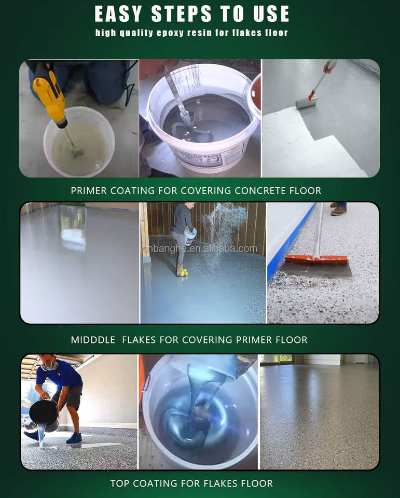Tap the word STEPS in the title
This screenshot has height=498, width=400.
click(182, 14)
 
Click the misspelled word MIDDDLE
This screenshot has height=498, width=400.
click(93, 340)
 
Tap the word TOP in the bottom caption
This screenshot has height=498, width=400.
click(120, 483)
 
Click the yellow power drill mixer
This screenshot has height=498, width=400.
click(51, 95)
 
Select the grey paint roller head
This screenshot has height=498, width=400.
click(306, 103)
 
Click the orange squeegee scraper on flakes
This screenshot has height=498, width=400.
click(316, 259)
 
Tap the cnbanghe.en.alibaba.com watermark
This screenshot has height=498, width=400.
click(200, 248)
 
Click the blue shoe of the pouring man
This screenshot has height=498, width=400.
click(74, 438)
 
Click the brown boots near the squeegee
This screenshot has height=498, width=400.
click(339, 210)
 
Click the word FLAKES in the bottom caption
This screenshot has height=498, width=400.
click(221, 483)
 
